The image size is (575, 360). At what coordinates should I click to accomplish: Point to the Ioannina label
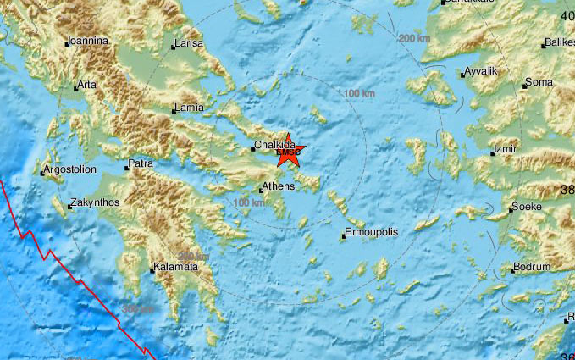tap(88, 40)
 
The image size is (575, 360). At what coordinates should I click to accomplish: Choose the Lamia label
tap(187, 108)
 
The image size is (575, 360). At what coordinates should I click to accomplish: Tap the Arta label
tap(87, 85)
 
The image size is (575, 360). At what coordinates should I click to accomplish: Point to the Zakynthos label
tap(95, 202)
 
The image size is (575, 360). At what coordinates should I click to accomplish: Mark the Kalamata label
tap(175, 268)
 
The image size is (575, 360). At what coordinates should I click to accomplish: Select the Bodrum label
tap(533, 269)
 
